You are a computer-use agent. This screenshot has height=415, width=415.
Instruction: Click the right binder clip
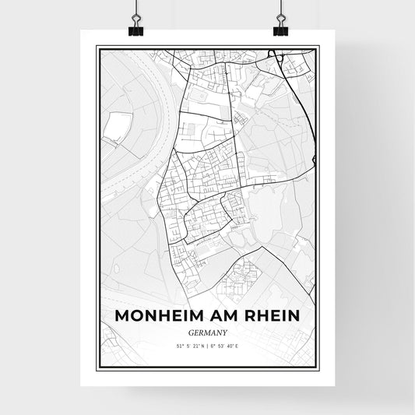[x=280, y=30]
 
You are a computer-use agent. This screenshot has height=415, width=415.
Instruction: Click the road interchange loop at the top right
[x=275, y=55]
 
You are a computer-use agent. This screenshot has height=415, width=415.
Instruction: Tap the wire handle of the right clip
[x=280, y=12]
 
